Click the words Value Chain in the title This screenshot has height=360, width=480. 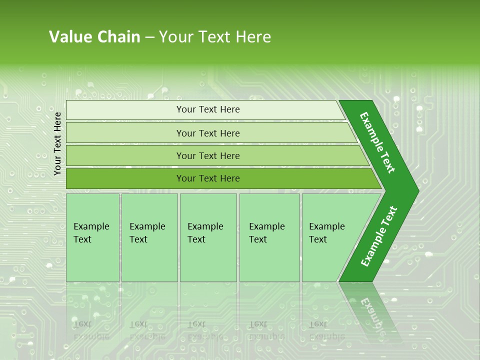point(94,37)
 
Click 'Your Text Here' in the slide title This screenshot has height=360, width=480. point(215,37)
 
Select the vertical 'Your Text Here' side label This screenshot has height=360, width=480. point(57,144)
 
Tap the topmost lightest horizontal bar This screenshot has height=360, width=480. point(207,109)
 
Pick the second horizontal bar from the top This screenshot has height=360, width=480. point(207,133)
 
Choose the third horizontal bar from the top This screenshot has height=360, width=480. point(207,155)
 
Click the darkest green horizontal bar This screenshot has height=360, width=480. point(207,178)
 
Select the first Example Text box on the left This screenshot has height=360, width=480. point(92,237)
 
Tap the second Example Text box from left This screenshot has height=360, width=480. point(149,237)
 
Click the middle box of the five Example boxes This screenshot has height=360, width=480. point(208,237)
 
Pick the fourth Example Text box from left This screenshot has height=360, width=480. point(269,237)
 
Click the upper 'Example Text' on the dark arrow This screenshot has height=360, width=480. point(377,142)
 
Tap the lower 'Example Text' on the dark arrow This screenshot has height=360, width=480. point(378,236)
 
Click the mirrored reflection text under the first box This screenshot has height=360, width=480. point(90,330)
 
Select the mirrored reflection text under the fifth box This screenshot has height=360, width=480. point(326,330)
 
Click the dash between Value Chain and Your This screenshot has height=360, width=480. point(149,37)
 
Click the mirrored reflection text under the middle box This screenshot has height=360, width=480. point(205,330)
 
